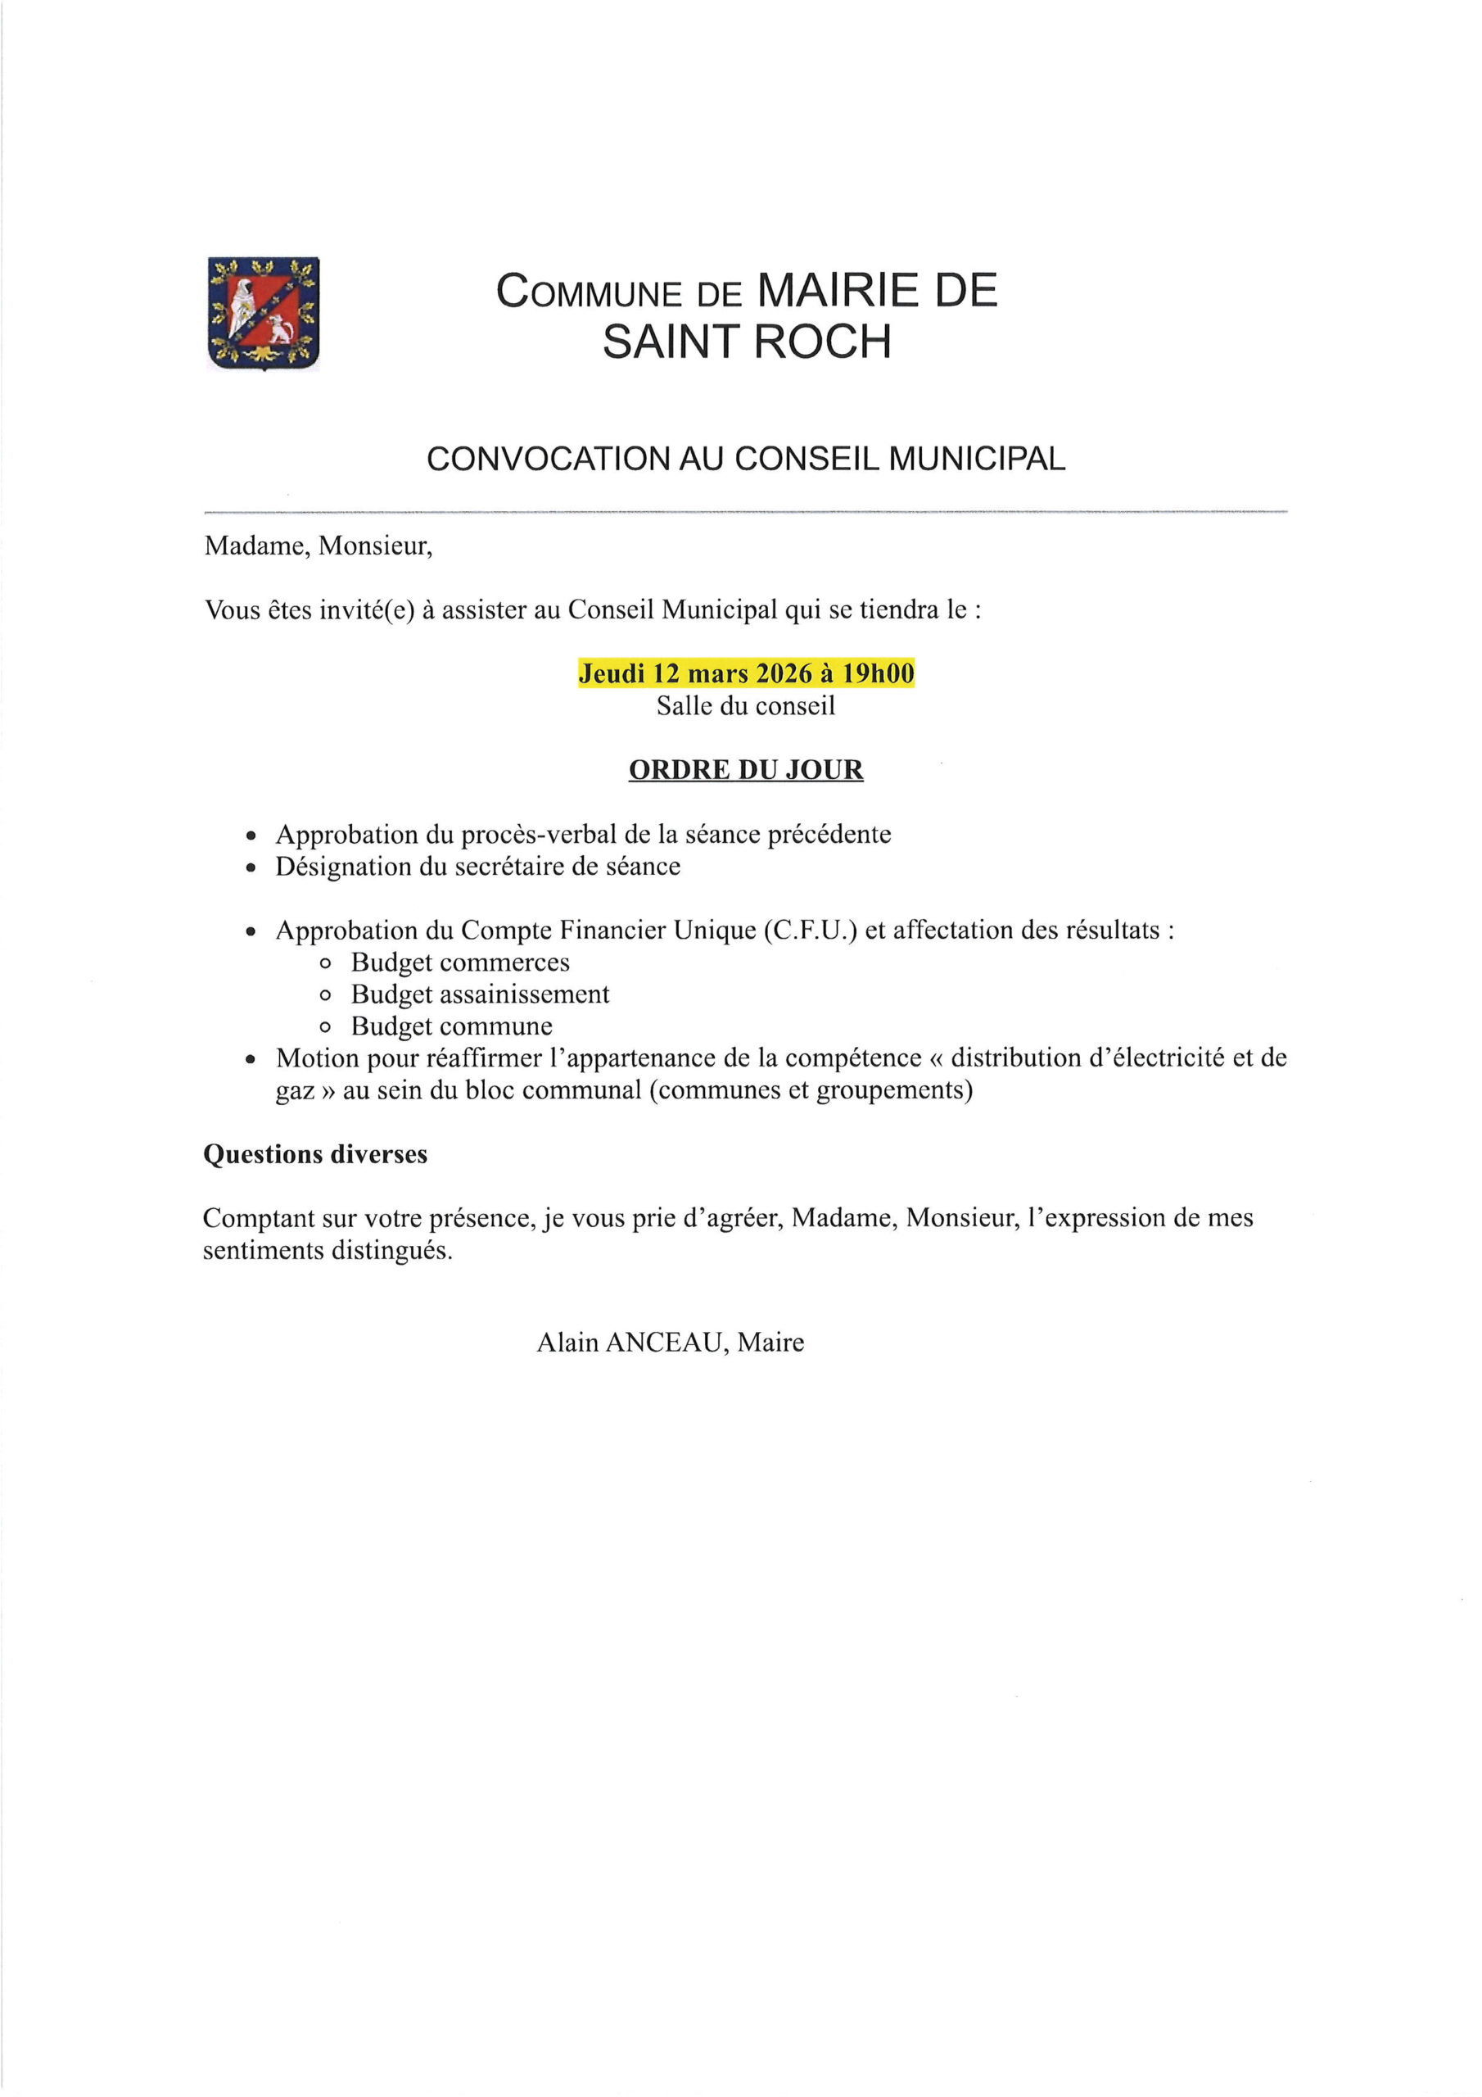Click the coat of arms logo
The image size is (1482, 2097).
pos(264,313)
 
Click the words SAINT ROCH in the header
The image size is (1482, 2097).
pos(746,342)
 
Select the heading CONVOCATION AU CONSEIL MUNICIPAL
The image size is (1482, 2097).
pos(746,459)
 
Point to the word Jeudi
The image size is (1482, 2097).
pos(612,673)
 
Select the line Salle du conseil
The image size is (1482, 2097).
pos(745,705)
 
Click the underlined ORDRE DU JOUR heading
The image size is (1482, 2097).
pos(745,770)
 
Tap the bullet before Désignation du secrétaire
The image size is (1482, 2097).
pos(252,867)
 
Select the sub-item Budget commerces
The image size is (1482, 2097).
pos(460,962)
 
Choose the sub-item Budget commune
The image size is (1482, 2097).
pos(452,1026)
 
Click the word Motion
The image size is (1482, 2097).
pos(318,1058)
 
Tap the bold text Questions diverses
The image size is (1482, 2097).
pos(315,1154)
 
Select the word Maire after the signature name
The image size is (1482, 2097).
pos(770,1343)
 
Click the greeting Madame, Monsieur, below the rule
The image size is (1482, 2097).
pos(318,546)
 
